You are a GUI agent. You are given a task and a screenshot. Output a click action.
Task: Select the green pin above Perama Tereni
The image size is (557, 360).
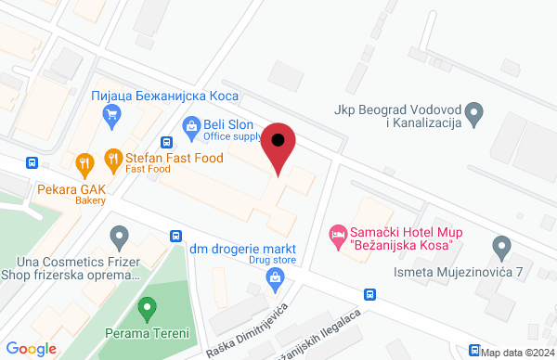point(145,307)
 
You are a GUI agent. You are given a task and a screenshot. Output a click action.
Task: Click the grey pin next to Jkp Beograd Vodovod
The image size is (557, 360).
point(475,115)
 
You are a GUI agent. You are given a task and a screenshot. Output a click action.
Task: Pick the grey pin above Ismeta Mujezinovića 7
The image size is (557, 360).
point(502,248)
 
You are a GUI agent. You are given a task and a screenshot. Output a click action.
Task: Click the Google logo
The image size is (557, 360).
point(32,348)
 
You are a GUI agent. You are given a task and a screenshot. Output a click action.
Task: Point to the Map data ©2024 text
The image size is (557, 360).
point(516,352)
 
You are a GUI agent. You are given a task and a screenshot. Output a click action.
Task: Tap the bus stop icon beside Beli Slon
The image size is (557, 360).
point(166,143)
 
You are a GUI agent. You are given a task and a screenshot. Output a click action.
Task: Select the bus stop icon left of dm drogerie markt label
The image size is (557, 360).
point(175,236)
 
